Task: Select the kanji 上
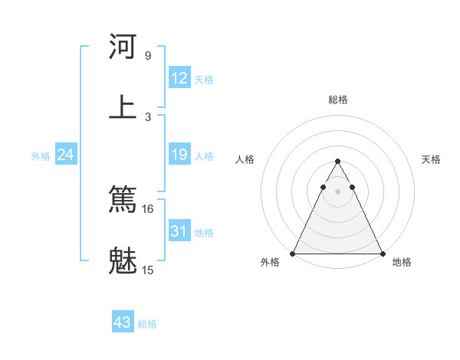click(x=123, y=106)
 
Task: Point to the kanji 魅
click(x=123, y=260)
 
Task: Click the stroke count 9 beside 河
click(x=148, y=56)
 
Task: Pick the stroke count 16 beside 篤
click(x=148, y=208)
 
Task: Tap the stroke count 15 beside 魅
click(x=148, y=270)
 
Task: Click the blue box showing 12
click(x=179, y=78)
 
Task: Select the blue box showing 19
click(x=179, y=155)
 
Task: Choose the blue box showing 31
click(x=179, y=231)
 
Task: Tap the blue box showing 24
click(x=66, y=155)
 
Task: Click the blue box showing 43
click(x=123, y=322)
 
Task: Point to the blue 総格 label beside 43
click(x=147, y=324)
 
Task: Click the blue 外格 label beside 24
click(x=41, y=156)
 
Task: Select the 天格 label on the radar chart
click(x=431, y=159)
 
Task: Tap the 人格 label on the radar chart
click(x=245, y=159)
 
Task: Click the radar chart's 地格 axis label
click(x=402, y=262)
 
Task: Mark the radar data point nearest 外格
click(x=293, y=254)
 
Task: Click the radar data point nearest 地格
click(x=382, y=254)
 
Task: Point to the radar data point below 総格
click(x=337, y=162)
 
